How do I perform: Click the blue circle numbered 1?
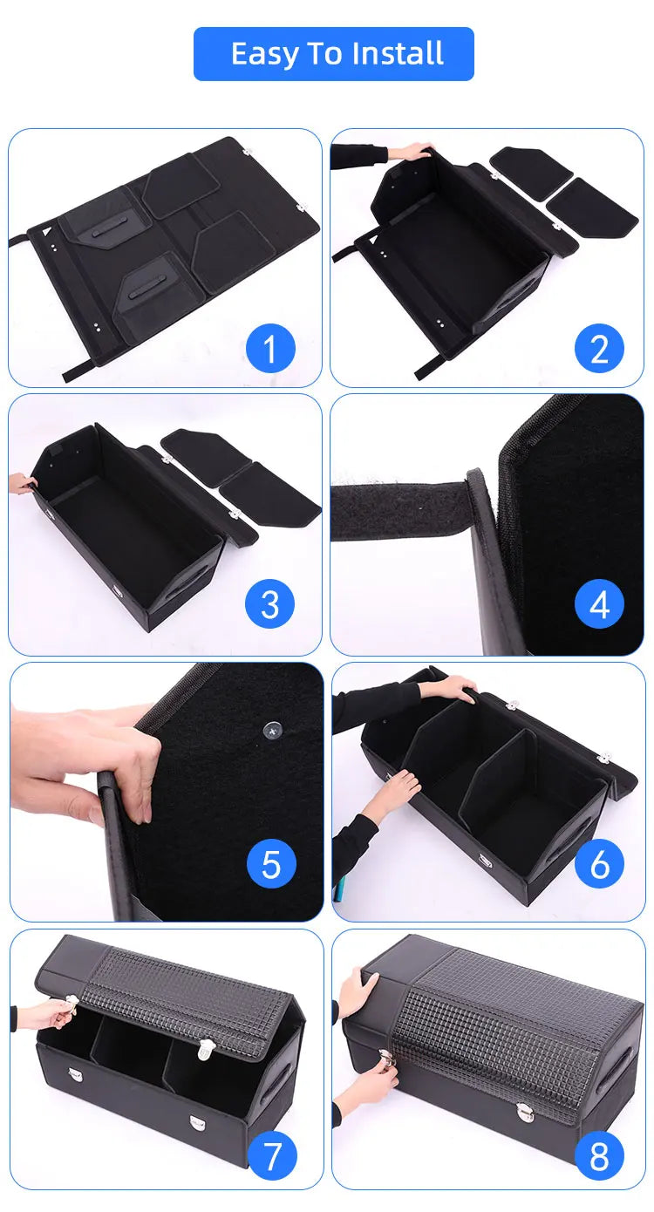tap(270, 349)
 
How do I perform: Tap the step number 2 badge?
tap(599, 349)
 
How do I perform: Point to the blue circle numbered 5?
tap(271, 865)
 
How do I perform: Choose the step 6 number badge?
tap(599, 865)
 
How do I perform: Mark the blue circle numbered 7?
tap(273, 1156)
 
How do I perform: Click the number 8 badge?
tap(599, 1156)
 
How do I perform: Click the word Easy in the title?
tap(262, 54)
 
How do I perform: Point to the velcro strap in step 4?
tap(401, 509)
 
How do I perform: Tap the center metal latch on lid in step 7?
tap(206, 1050)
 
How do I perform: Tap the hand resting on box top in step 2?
tap(411, 152)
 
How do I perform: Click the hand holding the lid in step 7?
tap(57, 1011)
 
